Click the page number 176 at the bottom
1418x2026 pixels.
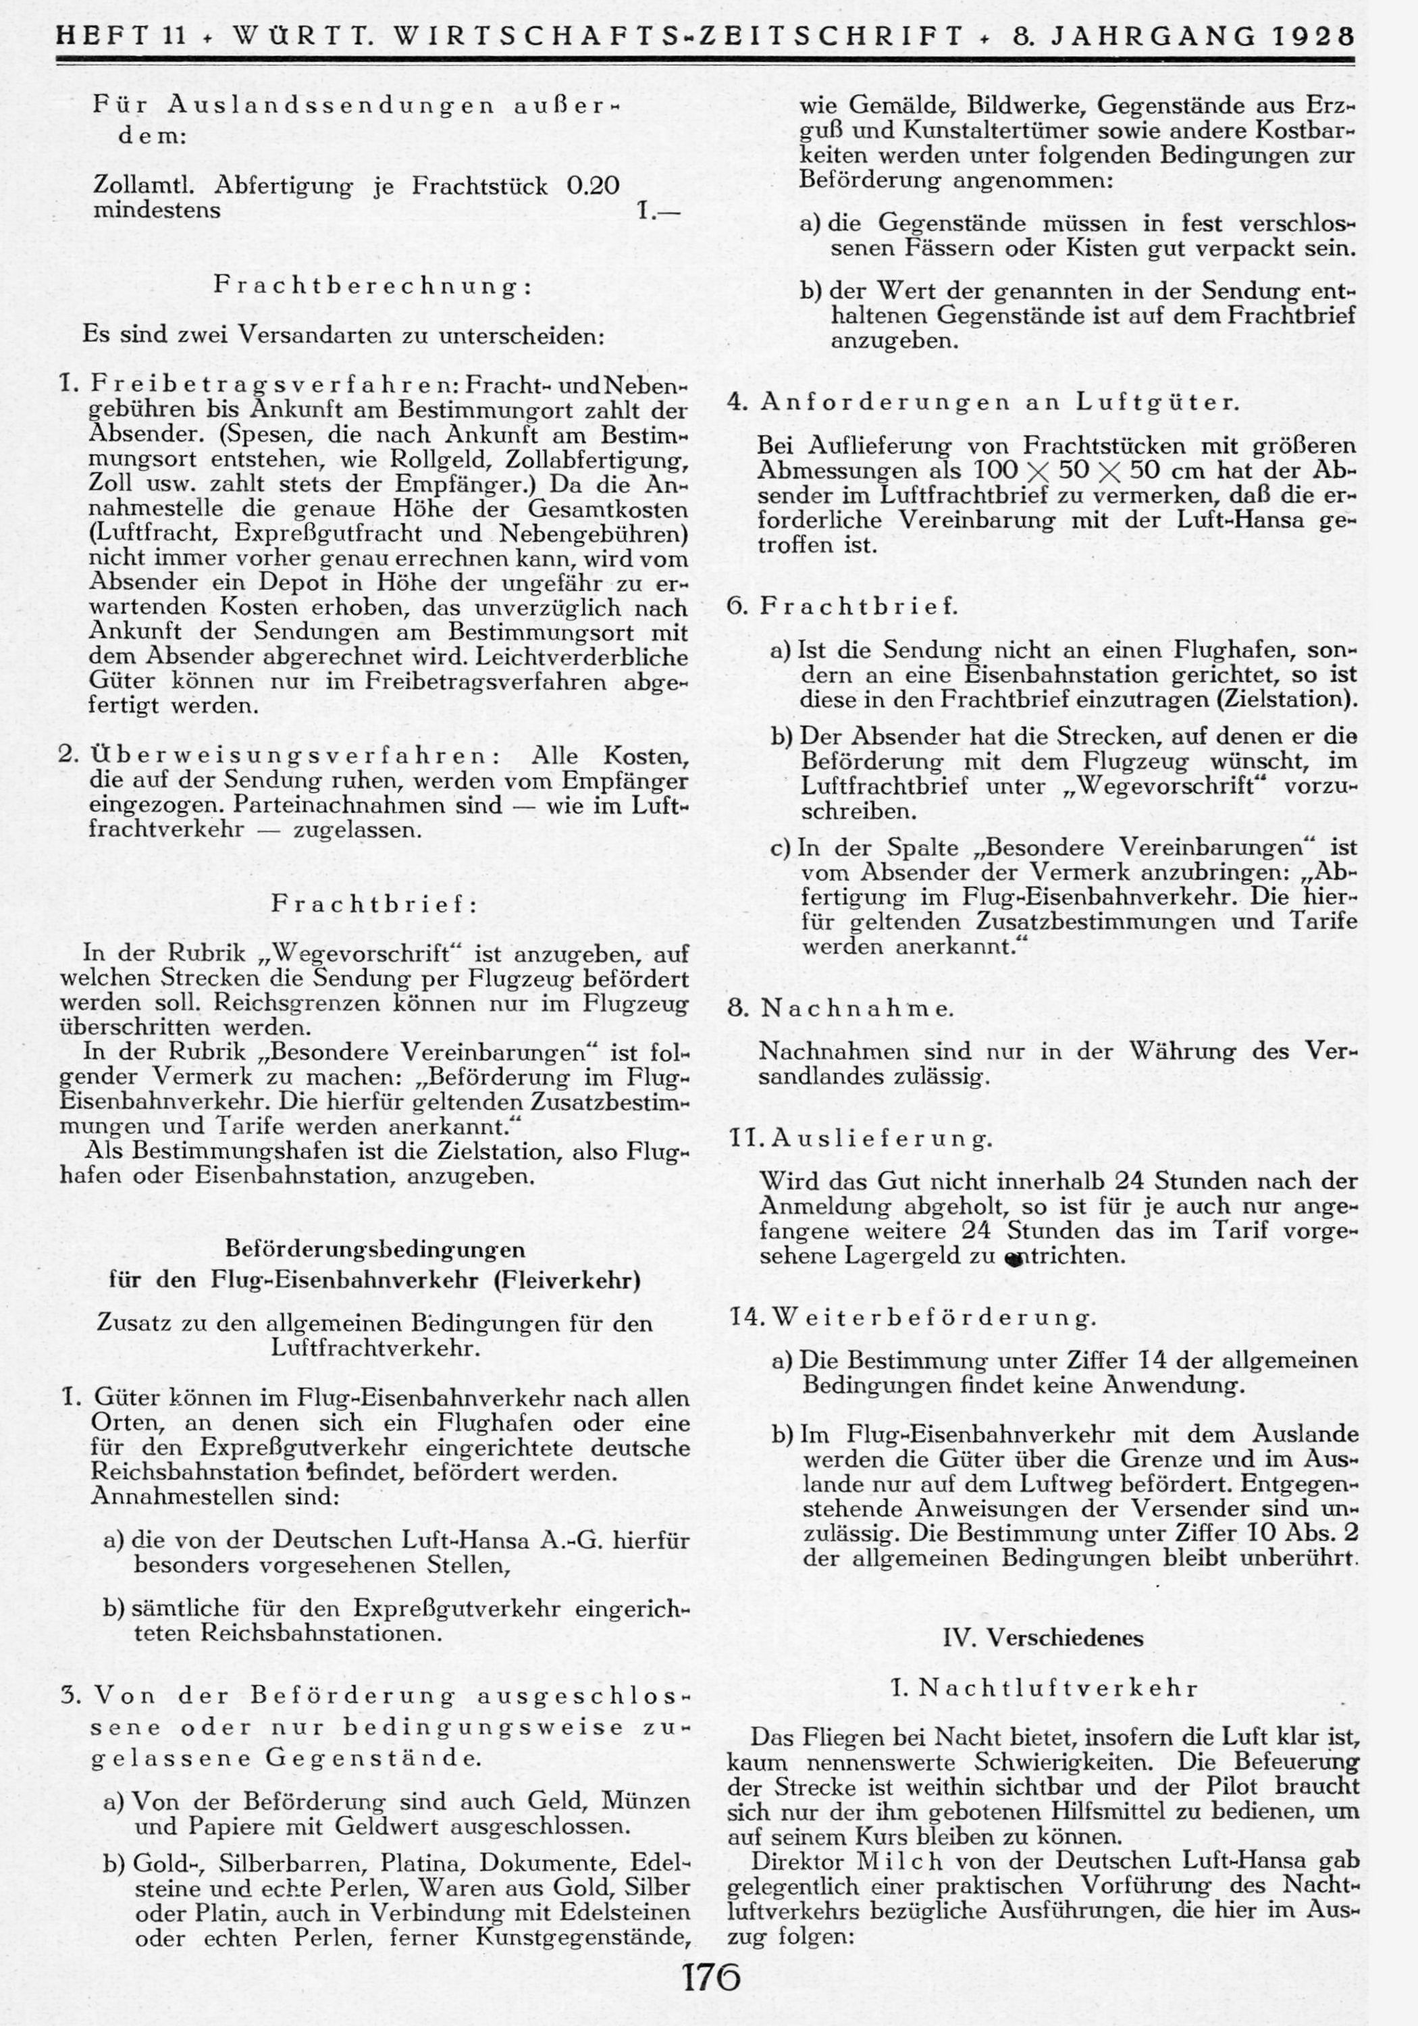coord(710,1977)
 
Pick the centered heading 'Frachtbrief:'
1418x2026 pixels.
coord(374,904)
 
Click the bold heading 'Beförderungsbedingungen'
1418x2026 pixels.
coord(374,1249)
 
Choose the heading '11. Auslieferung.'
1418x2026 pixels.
coord(860,1139)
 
